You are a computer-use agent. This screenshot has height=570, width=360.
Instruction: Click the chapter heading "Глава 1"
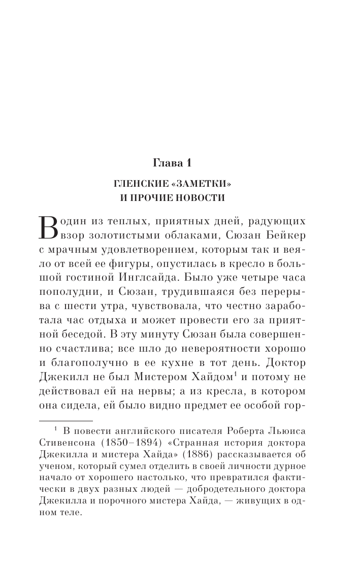(180, 163)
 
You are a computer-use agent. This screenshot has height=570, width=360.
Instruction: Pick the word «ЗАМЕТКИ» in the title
(209, 183)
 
